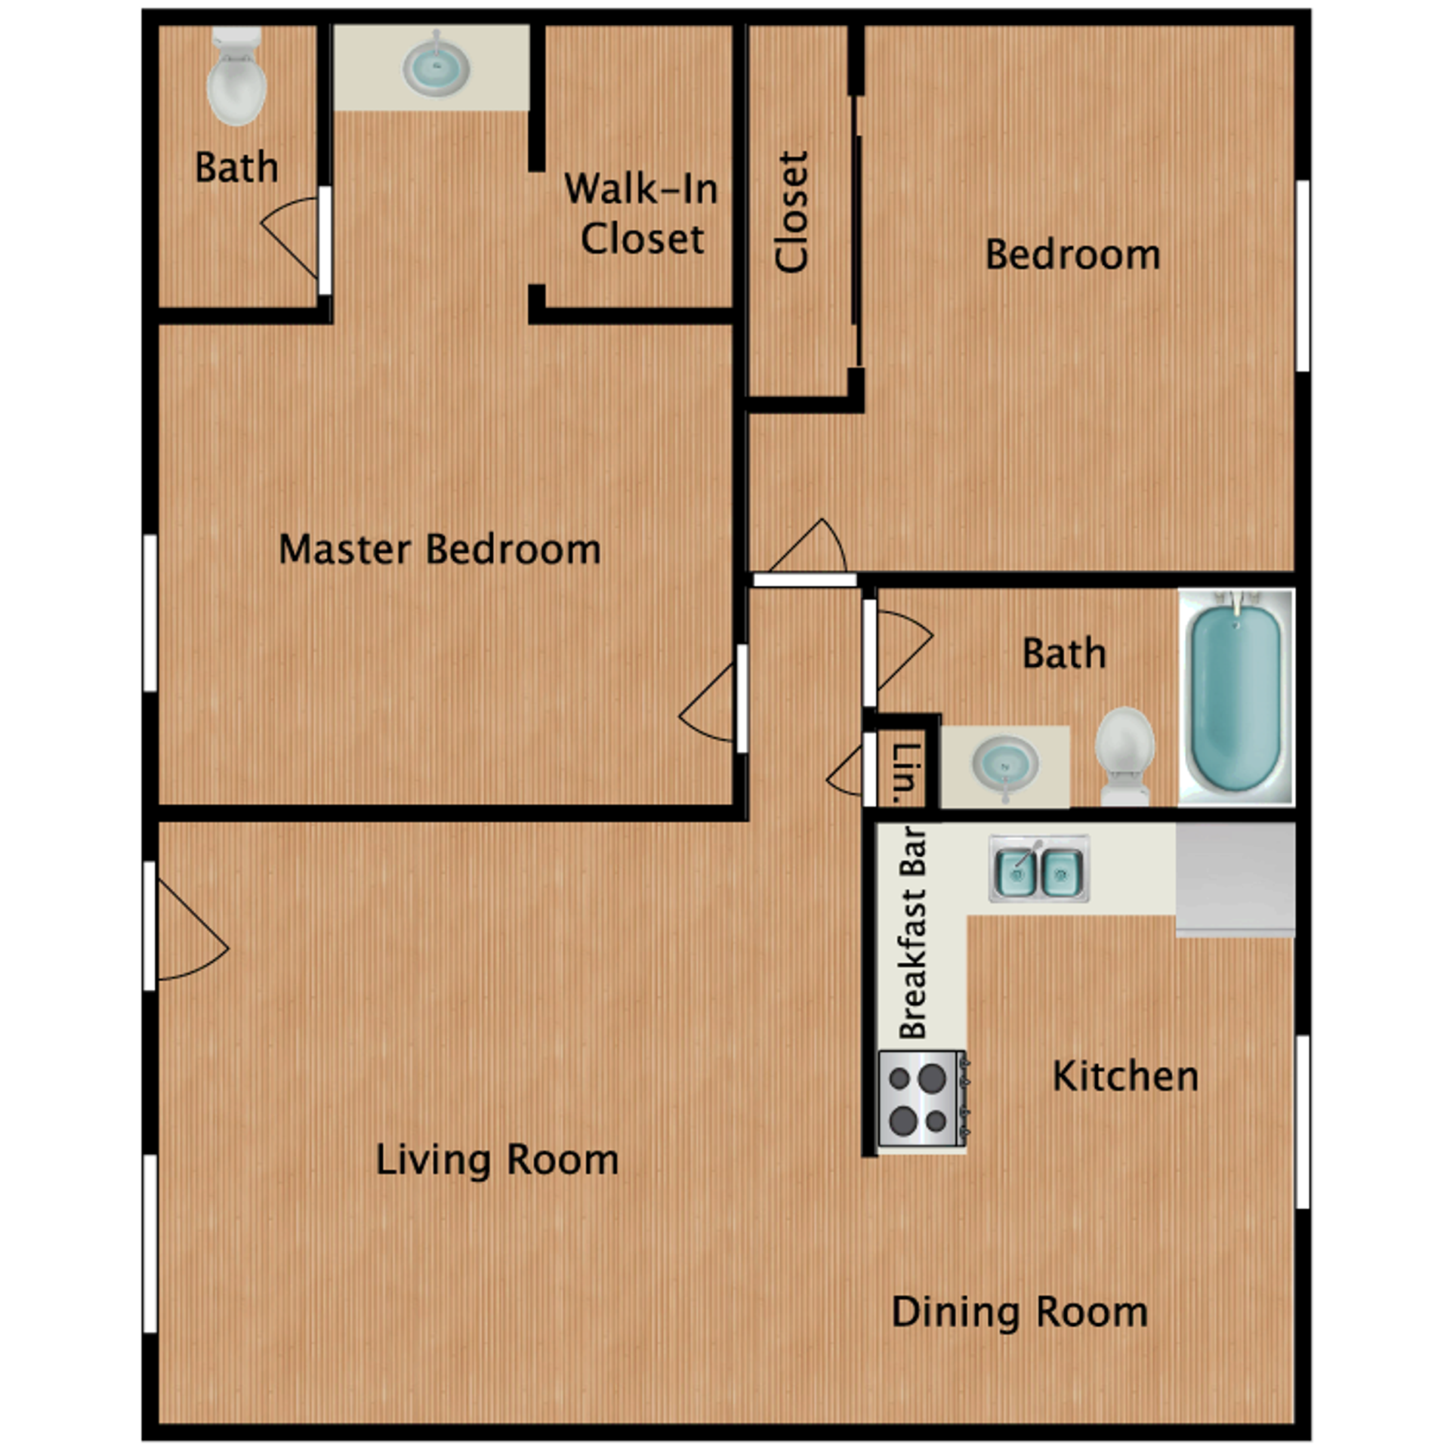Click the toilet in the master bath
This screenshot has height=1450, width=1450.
236,78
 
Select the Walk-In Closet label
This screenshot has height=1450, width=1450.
641,214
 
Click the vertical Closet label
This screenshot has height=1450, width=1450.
792,211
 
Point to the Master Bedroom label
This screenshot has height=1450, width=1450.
440,549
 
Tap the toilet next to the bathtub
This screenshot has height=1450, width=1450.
1125,754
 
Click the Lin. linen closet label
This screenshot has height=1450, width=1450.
905,772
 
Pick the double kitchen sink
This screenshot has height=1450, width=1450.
1039,868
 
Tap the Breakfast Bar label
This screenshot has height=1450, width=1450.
912,933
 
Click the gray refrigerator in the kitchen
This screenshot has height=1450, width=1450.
1235,879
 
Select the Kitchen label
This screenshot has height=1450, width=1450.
1125,1076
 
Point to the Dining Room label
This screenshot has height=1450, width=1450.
1020,1313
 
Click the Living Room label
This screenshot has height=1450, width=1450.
497,1160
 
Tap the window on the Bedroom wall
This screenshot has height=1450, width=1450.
1302,276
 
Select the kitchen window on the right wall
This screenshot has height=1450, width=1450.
1302,1121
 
